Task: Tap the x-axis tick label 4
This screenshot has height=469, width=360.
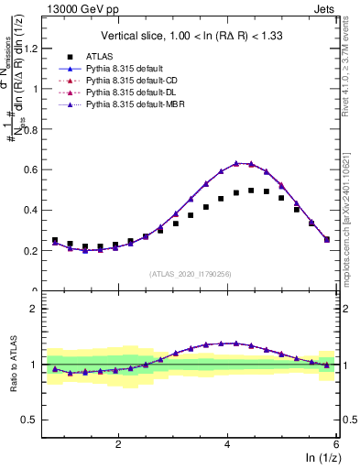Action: point(227,443)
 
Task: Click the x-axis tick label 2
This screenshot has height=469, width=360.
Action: point(118,443)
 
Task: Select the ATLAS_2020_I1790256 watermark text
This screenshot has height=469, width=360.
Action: point(191,274)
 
